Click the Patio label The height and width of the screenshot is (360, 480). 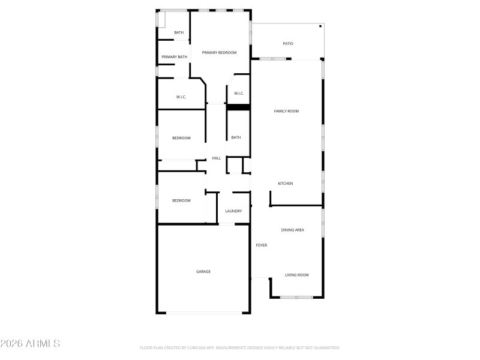pos(288,44)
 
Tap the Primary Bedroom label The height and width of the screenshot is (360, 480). pos(219,53)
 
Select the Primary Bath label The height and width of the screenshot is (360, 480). pos(174,57)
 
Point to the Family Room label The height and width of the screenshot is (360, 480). pos(286,111)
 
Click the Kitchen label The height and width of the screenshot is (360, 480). pos(285,184)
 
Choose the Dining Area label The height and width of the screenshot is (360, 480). pos(293,230)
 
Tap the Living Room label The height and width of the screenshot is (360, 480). pos(296,275)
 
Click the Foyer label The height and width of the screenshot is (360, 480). pos(262,245)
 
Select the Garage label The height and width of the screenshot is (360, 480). pos(203,272)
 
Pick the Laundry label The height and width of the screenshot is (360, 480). pos(233,211)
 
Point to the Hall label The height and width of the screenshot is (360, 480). pos(217,158)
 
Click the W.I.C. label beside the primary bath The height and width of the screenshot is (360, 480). pos(181,97)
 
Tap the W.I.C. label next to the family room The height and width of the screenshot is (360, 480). pos(238,93)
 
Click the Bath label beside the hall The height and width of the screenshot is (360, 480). pos(236,137)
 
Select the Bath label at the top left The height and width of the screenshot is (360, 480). pos(179,32)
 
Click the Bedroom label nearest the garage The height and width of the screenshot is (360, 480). pos(181,200)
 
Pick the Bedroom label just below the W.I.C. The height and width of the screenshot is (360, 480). pos(181,138)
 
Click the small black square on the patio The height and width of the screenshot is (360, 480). pos(320,26)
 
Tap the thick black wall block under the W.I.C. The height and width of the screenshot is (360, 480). pos(238,107)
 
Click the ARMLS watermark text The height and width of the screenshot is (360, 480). pos(30,344)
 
